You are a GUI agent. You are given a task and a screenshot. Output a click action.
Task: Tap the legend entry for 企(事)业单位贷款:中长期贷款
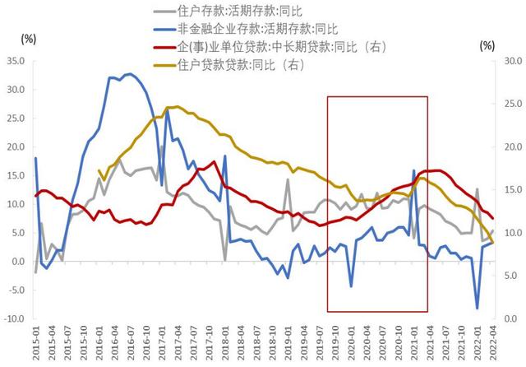271,48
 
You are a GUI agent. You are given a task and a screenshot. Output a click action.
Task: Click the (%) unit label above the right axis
487,44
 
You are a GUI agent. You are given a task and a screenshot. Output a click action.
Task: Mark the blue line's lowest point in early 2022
478,309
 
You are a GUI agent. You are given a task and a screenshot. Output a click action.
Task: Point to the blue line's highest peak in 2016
130,74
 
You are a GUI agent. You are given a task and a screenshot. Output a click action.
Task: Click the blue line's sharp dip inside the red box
351,286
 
